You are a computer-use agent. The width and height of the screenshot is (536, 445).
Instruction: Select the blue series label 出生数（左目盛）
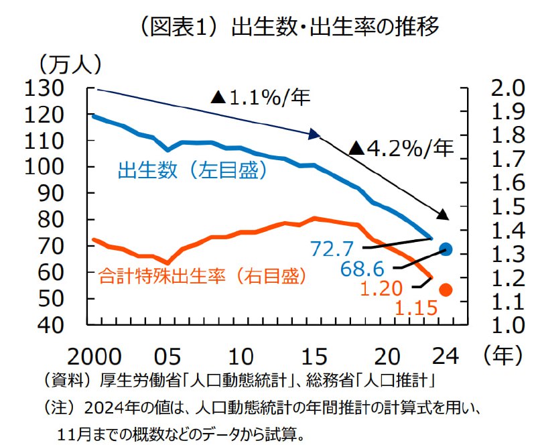193,171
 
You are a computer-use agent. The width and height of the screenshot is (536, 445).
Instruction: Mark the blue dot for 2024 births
446,249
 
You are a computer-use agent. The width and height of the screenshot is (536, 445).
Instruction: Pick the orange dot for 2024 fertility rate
446,290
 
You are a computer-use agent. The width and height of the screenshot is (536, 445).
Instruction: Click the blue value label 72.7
332,249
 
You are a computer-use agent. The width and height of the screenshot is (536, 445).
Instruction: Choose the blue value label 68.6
362,269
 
